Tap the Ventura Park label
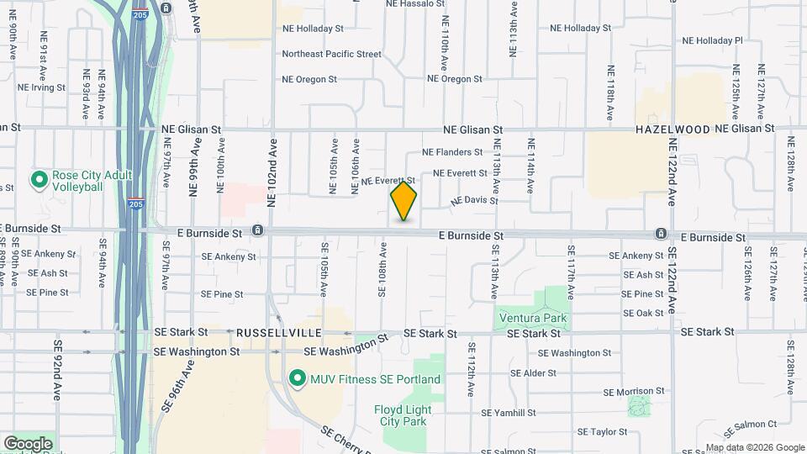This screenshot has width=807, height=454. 533,319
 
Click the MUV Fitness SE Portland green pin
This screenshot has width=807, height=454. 296,379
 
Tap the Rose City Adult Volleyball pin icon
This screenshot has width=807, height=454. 38,180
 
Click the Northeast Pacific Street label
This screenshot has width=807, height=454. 331,54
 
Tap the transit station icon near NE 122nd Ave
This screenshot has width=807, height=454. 662,233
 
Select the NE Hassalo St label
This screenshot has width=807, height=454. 414,4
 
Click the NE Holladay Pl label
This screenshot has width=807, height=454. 712,40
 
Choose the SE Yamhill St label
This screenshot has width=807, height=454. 509,413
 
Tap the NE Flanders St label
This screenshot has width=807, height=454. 452,152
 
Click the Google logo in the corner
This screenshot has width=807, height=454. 28,444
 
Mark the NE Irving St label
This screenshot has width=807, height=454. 41,87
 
